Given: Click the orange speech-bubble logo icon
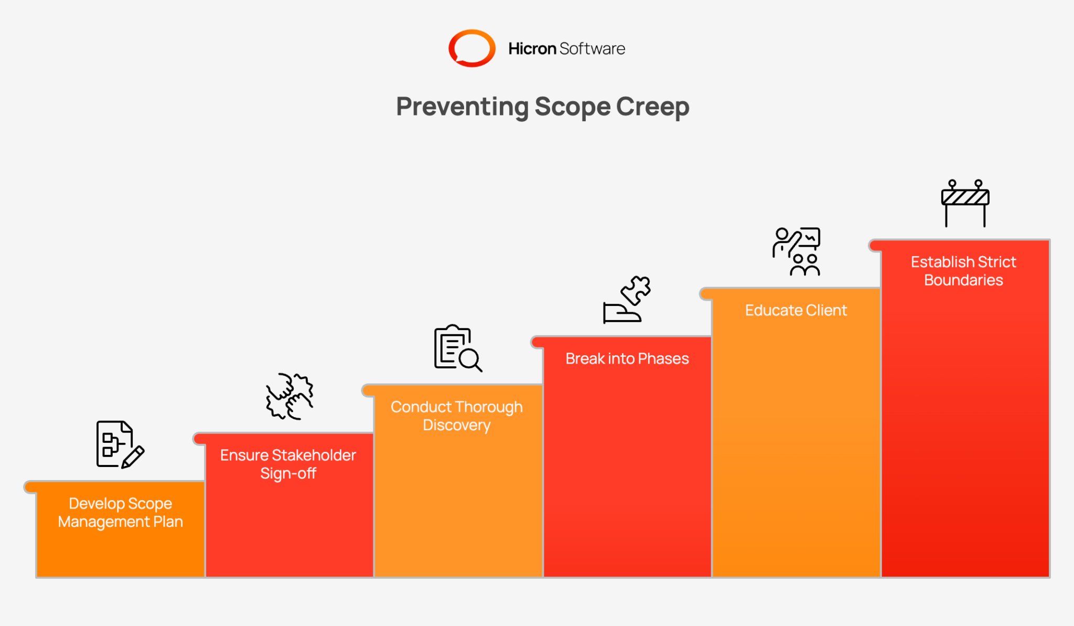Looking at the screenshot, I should [471, 48].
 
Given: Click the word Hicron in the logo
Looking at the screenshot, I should [532, 49].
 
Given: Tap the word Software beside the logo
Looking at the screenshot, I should [592, 49].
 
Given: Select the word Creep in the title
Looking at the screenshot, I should [652, 107].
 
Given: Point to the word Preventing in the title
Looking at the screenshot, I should [462, 107].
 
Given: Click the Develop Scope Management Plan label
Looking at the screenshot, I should [120, 513].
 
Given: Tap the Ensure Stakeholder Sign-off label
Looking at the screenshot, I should [288, 464].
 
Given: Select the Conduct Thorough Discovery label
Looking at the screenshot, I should [456, 416].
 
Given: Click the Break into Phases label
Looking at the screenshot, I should [627, 358].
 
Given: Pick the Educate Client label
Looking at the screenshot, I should [796, 310].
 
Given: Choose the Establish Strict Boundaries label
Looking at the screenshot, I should [963, 271].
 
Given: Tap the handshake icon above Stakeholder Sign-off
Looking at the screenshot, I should [289, 396].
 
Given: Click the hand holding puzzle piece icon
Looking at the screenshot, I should [627, 300].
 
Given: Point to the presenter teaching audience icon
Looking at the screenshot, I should [796, 251].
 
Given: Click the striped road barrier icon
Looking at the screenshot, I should [965, 203].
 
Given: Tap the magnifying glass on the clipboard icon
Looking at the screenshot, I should [470, 360].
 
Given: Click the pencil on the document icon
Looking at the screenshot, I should [133, 457].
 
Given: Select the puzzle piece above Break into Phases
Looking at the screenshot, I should [636, 290].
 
